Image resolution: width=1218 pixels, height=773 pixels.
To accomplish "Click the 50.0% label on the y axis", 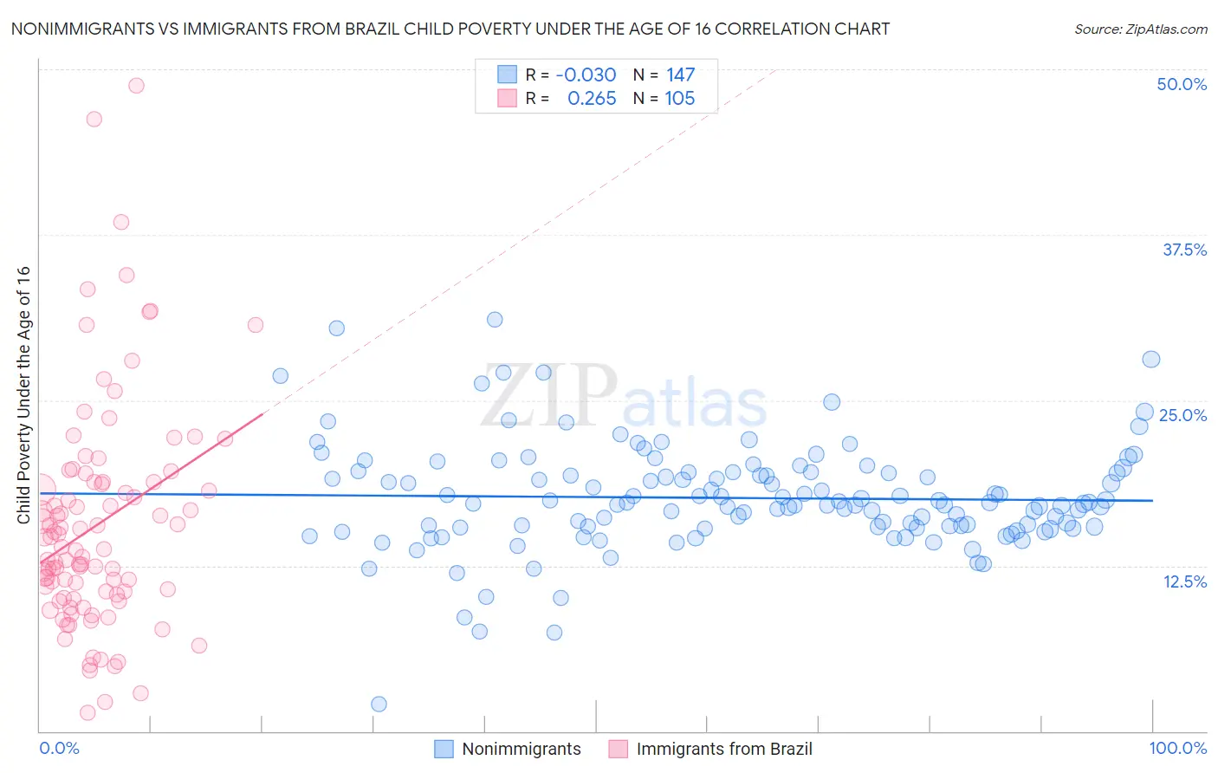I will pos(1182,84).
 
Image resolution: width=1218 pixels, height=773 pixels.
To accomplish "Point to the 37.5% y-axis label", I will pos(1184,250).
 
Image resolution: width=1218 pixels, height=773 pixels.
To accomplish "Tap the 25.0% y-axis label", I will pos(1182,415).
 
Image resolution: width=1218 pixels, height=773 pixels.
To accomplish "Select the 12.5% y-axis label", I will pos(1184,581).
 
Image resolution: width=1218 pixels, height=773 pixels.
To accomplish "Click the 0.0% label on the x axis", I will pos(59,748).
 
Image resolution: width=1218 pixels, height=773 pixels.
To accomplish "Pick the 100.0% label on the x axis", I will pos(1178,748).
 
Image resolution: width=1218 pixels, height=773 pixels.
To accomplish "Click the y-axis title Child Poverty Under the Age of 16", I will pos(23,395).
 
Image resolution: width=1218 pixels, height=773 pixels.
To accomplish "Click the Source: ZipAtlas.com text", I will pos(1141,29).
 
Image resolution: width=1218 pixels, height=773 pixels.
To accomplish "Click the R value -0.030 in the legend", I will pos(586,75).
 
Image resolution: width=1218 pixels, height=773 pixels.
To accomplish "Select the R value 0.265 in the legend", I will pos(592,99).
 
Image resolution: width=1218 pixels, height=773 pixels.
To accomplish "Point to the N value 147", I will pos(680,75).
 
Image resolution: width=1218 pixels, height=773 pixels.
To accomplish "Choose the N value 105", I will pos(680,99).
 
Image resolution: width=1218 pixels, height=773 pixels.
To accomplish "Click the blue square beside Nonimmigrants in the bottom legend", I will pos(444,749).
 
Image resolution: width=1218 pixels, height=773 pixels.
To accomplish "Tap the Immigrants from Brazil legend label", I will pos(724,749).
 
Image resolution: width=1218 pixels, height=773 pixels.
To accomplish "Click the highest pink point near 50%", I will pos(136,85).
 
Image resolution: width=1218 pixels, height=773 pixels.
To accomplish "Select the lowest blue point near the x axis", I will pos(379,704).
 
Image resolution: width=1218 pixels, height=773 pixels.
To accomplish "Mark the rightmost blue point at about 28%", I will pos(1150,360).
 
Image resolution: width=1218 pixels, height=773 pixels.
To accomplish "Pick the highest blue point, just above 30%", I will pos(495,320).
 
